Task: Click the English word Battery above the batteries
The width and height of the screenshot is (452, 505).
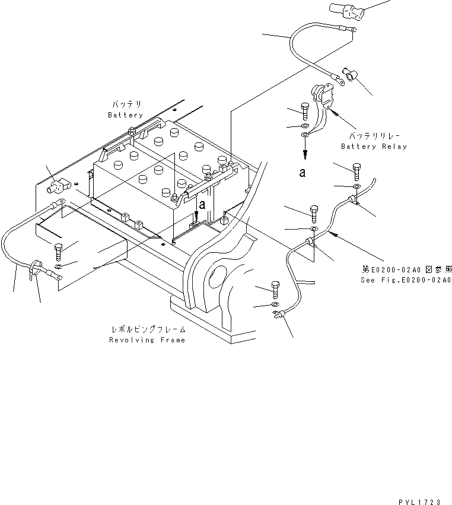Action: (125, 115)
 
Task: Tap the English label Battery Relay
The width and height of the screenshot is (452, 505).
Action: (374, 147)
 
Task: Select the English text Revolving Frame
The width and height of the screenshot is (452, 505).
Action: (147, 340)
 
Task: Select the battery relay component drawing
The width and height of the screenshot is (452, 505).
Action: (320, 104)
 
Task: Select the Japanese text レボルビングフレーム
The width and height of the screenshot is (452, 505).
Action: (148, 329)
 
